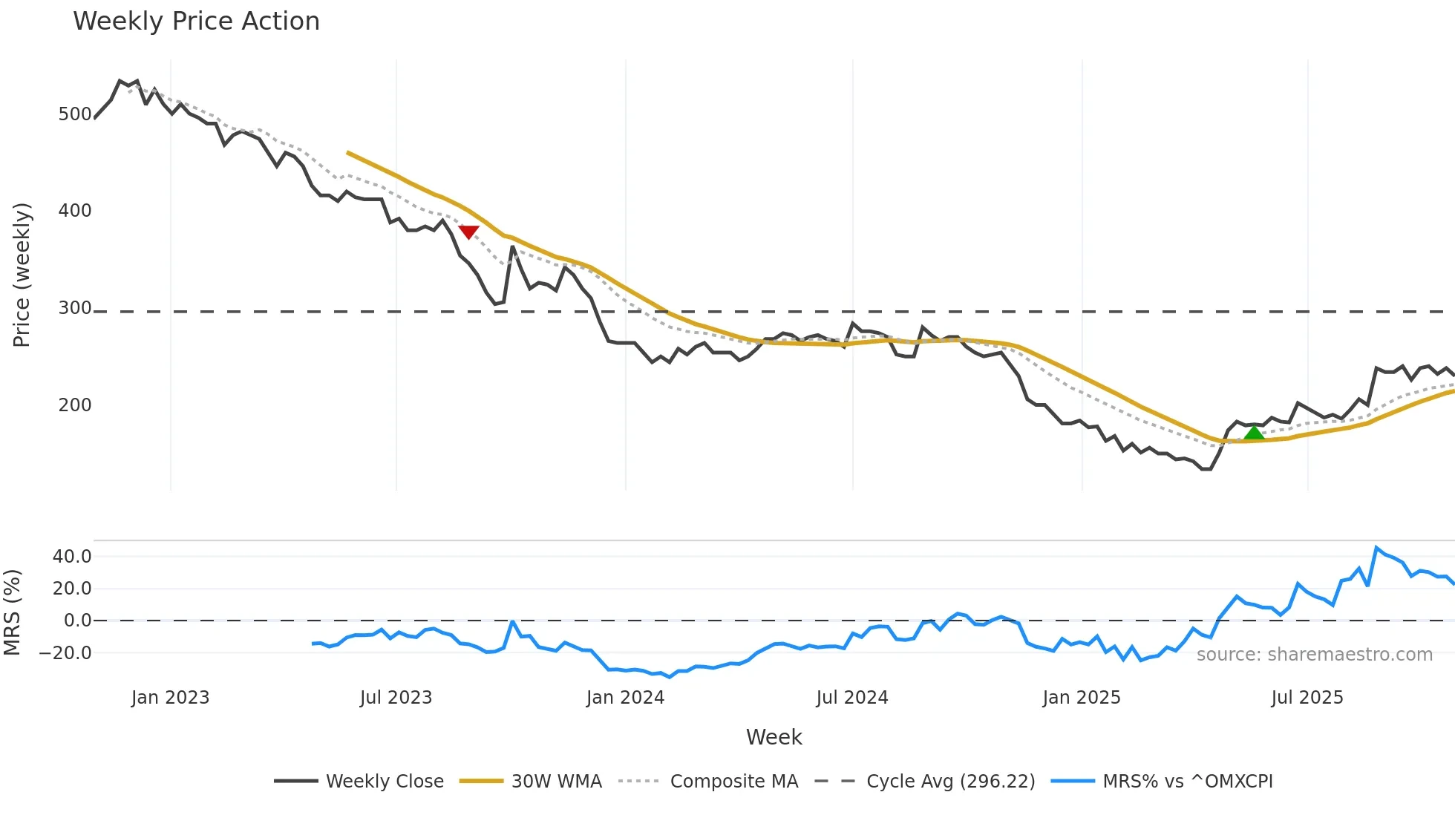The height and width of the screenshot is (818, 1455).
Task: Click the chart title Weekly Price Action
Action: [196, 22]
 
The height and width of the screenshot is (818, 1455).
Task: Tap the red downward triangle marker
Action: [468, 232]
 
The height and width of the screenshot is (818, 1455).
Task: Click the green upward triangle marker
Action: [1254, 433]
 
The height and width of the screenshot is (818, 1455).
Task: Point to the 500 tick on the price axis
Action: [75, 114]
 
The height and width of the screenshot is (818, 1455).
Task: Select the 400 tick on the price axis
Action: [75, 211]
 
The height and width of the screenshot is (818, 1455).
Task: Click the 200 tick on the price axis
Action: [75, 405]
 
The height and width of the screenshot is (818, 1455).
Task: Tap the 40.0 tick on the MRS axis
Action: [72, 557]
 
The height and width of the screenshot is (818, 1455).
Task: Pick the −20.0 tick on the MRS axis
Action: [65, 653]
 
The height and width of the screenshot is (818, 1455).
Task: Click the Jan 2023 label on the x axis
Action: [170, 698]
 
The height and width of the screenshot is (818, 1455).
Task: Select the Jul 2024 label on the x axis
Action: [851, 698]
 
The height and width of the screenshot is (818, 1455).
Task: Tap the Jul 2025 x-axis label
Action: [1307, 698]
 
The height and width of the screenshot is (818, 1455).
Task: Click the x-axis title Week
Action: [774, 737]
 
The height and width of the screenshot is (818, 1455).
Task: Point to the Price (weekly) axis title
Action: [22, 275]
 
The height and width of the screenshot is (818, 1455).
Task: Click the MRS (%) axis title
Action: [12, 612]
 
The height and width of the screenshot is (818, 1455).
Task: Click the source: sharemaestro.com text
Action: [1314, 655]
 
